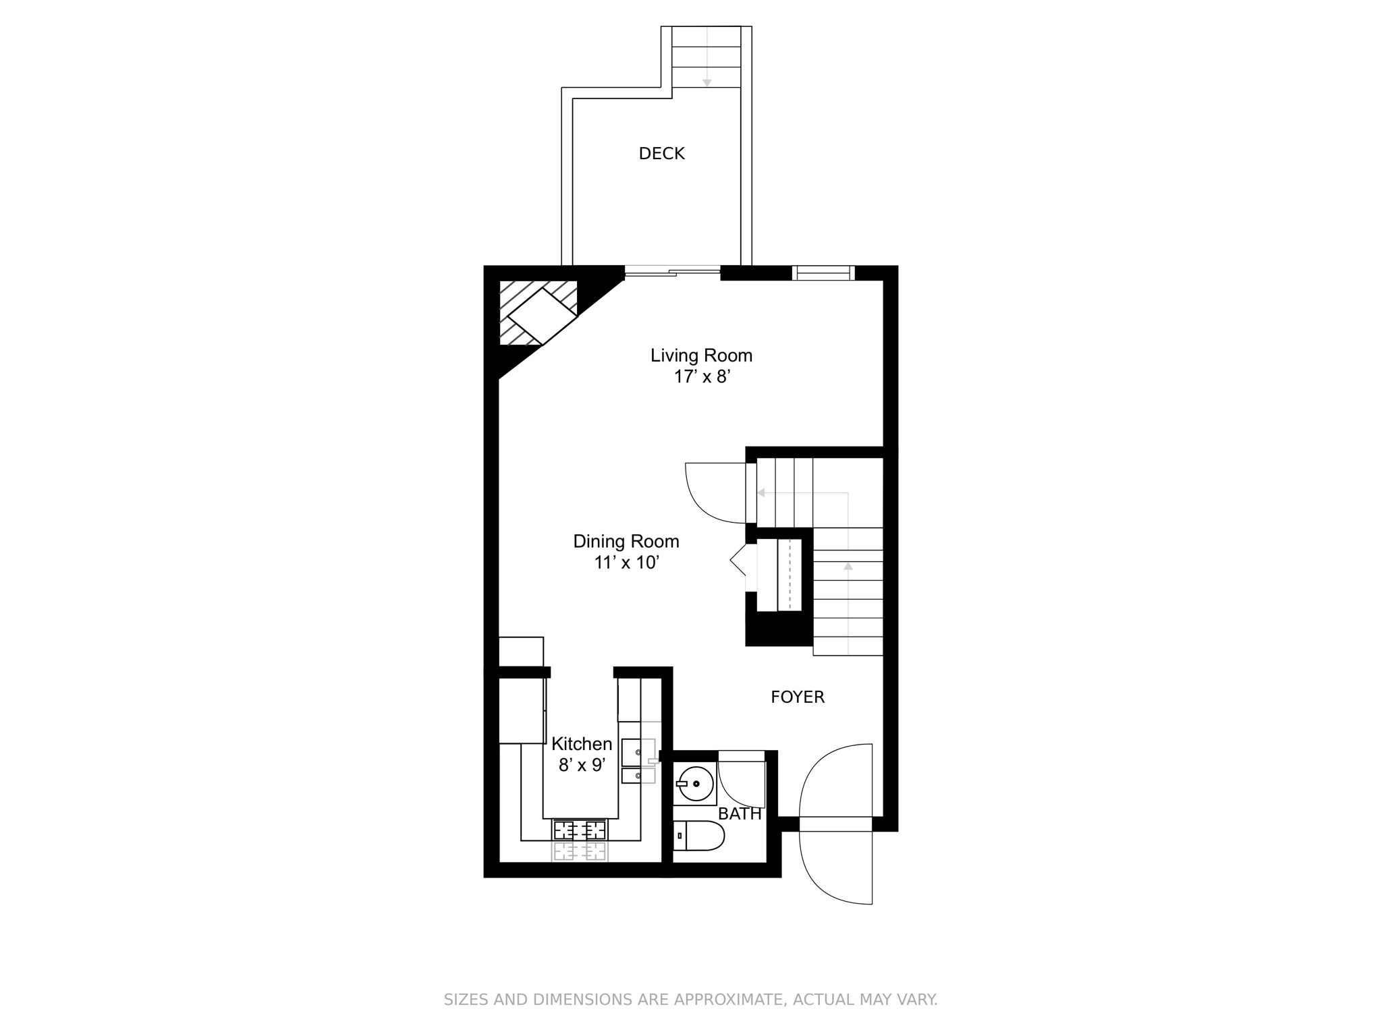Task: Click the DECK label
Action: (661, 154)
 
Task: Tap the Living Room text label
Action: (701, 355)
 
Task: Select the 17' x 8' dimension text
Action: (702, 377)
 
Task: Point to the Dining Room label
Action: (626, 541)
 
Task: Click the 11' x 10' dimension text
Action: (626, 563)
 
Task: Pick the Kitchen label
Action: (582, 744)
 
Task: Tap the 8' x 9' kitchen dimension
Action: (582, 765)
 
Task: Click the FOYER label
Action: (798, 697)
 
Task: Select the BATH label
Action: (740, 814)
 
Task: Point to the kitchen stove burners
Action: (580, 830)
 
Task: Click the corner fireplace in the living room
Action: (538, 313)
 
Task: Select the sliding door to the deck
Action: (672, 272)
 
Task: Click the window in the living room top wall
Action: (823, 272)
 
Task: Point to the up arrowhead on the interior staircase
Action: (848, 566)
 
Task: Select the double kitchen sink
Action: (638, 761)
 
